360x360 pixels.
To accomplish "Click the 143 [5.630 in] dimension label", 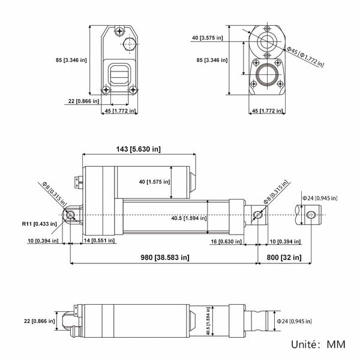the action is pos(138,149).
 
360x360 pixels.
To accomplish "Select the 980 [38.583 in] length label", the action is pos(165,257).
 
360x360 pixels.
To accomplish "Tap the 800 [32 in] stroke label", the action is pos(284,257).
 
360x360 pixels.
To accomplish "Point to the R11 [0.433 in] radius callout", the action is pos(39,224).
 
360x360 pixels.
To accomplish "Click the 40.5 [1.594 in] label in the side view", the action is pos(189,218).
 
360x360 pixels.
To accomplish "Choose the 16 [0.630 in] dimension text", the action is pos(226,242).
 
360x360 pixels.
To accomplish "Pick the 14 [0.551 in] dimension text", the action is pos(99,241).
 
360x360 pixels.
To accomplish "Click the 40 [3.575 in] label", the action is pos(208,38).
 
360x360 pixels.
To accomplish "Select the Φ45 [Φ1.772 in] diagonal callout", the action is pos(305,57).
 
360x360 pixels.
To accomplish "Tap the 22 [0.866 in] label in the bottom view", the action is pos(39,321).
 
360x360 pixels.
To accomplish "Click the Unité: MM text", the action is pos(318,344).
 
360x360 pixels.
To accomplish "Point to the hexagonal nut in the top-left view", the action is pos(130,44).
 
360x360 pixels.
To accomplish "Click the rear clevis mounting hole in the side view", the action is pos(70,215).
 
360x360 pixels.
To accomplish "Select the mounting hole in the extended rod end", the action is pos(311,215).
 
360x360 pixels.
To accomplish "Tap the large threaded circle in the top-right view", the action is pos(267,74).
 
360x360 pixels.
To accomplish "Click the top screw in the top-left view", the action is pos(119,31).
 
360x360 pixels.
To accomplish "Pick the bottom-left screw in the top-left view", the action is pos(106,89).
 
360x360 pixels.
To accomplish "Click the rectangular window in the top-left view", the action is pos(119,74).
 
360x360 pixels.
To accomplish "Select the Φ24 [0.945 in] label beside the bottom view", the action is pos(294,321).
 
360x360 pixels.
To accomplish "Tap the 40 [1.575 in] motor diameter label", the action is pos(154,182).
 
